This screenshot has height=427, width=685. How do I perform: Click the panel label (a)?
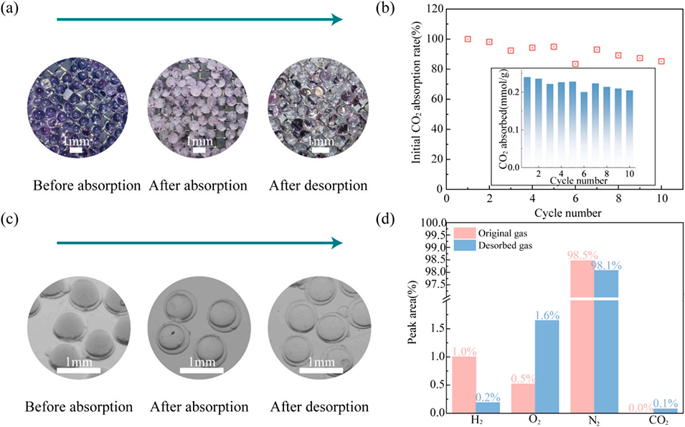[16, 10]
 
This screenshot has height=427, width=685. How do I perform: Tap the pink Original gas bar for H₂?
[463, 384]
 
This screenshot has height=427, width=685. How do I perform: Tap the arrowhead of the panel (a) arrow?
[336, 19]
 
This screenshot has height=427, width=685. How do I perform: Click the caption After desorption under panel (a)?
[318, 186]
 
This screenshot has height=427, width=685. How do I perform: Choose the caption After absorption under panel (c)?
[200, 408]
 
